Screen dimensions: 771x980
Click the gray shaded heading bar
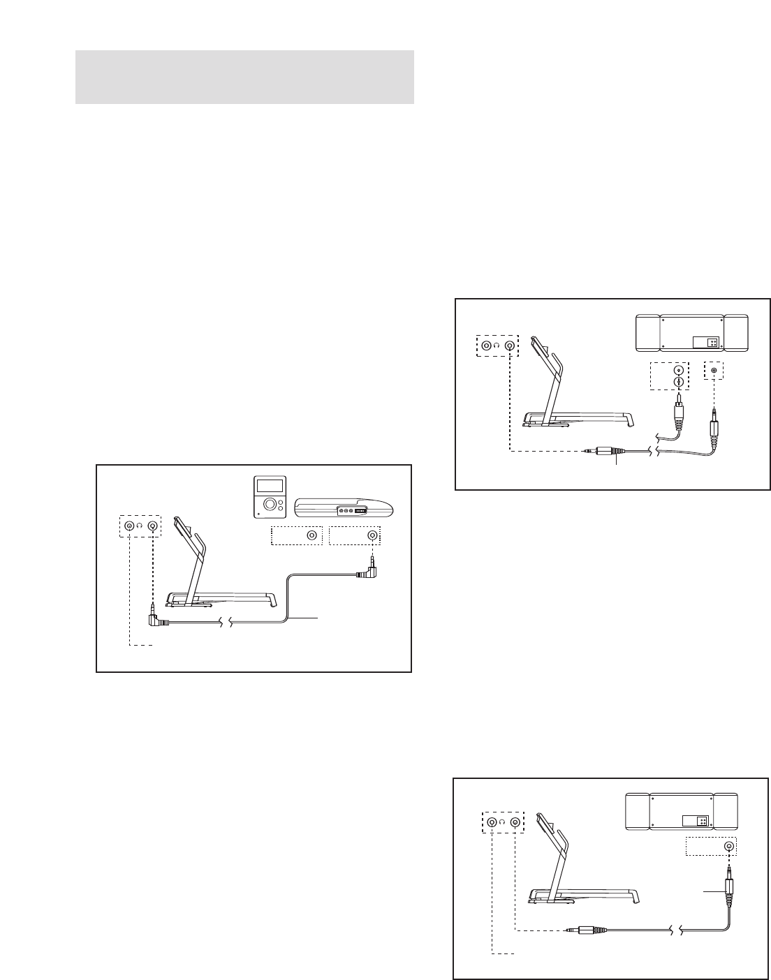(244, 77)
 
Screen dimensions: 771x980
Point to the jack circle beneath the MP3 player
(312, 535)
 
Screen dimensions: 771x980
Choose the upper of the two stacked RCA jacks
(677, 370)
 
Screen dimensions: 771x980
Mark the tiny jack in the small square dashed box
(713, 370)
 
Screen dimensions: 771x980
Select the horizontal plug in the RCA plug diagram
(601, 452)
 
